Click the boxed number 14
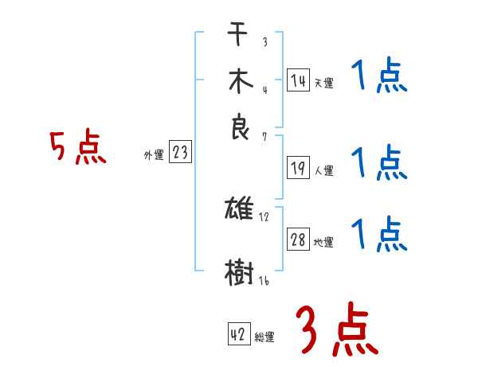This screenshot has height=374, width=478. coord(298,80)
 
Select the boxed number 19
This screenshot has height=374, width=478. coord(298,167)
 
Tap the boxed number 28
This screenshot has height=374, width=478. coord(298,240)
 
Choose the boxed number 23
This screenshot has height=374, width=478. coord(180,153)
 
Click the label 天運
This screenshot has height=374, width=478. coord(323,83)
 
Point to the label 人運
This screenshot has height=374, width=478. coord(323,170)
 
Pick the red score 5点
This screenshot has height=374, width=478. coord(78,149)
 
